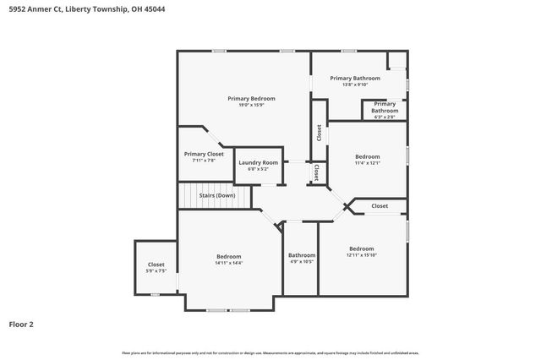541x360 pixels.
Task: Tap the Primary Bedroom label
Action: (x=251, y=98)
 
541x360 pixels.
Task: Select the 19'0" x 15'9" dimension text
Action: (x=251, y=105)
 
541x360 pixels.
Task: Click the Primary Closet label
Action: (x=204, y=154)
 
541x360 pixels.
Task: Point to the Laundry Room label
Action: (x=258, y=162)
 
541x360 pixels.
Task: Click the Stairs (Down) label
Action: (x=217, y=195)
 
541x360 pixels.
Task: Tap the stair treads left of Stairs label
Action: (x=187, y=195)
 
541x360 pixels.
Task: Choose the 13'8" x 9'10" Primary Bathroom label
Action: (x=355, y=78)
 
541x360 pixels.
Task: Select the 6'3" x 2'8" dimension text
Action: (x=385, y=117)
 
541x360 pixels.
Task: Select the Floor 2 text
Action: (x=21, y=324)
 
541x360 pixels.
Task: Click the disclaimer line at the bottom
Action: (x=270, y=352)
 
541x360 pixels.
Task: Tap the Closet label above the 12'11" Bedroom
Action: (x=380, y=205)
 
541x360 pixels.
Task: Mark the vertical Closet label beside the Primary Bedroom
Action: (x=319, y=133)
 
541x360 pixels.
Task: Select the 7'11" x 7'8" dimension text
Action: (x=204, y=161)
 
